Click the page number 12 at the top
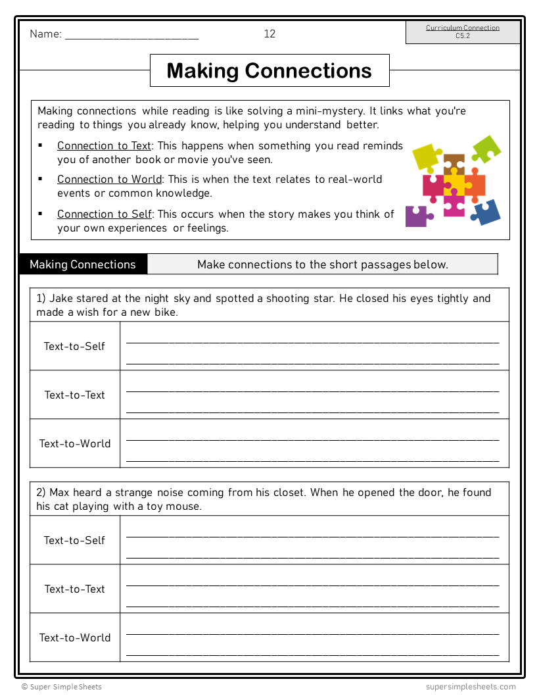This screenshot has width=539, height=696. [x=269, y=34]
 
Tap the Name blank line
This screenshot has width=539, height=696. [x=131, y=36]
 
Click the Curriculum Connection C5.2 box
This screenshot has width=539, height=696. [x=463, y=32]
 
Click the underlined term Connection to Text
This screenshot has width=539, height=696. [x=104, y=145]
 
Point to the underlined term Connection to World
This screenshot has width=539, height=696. [x=109, y=179]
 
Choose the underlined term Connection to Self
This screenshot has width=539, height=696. [x=104, y=214]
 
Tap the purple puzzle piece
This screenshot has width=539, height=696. [x=417, y=215]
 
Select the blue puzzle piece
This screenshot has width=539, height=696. [x=486, y=212]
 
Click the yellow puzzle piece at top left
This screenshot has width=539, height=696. [x=427, y=157]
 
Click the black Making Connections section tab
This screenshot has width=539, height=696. [x=83, y=264]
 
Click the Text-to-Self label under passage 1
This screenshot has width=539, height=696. [x=74, y=346]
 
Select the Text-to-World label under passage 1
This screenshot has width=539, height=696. [x=74, y=443]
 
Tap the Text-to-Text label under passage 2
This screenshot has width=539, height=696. [x=74, y=589]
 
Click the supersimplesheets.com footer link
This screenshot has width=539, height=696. [x=470, y=687]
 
